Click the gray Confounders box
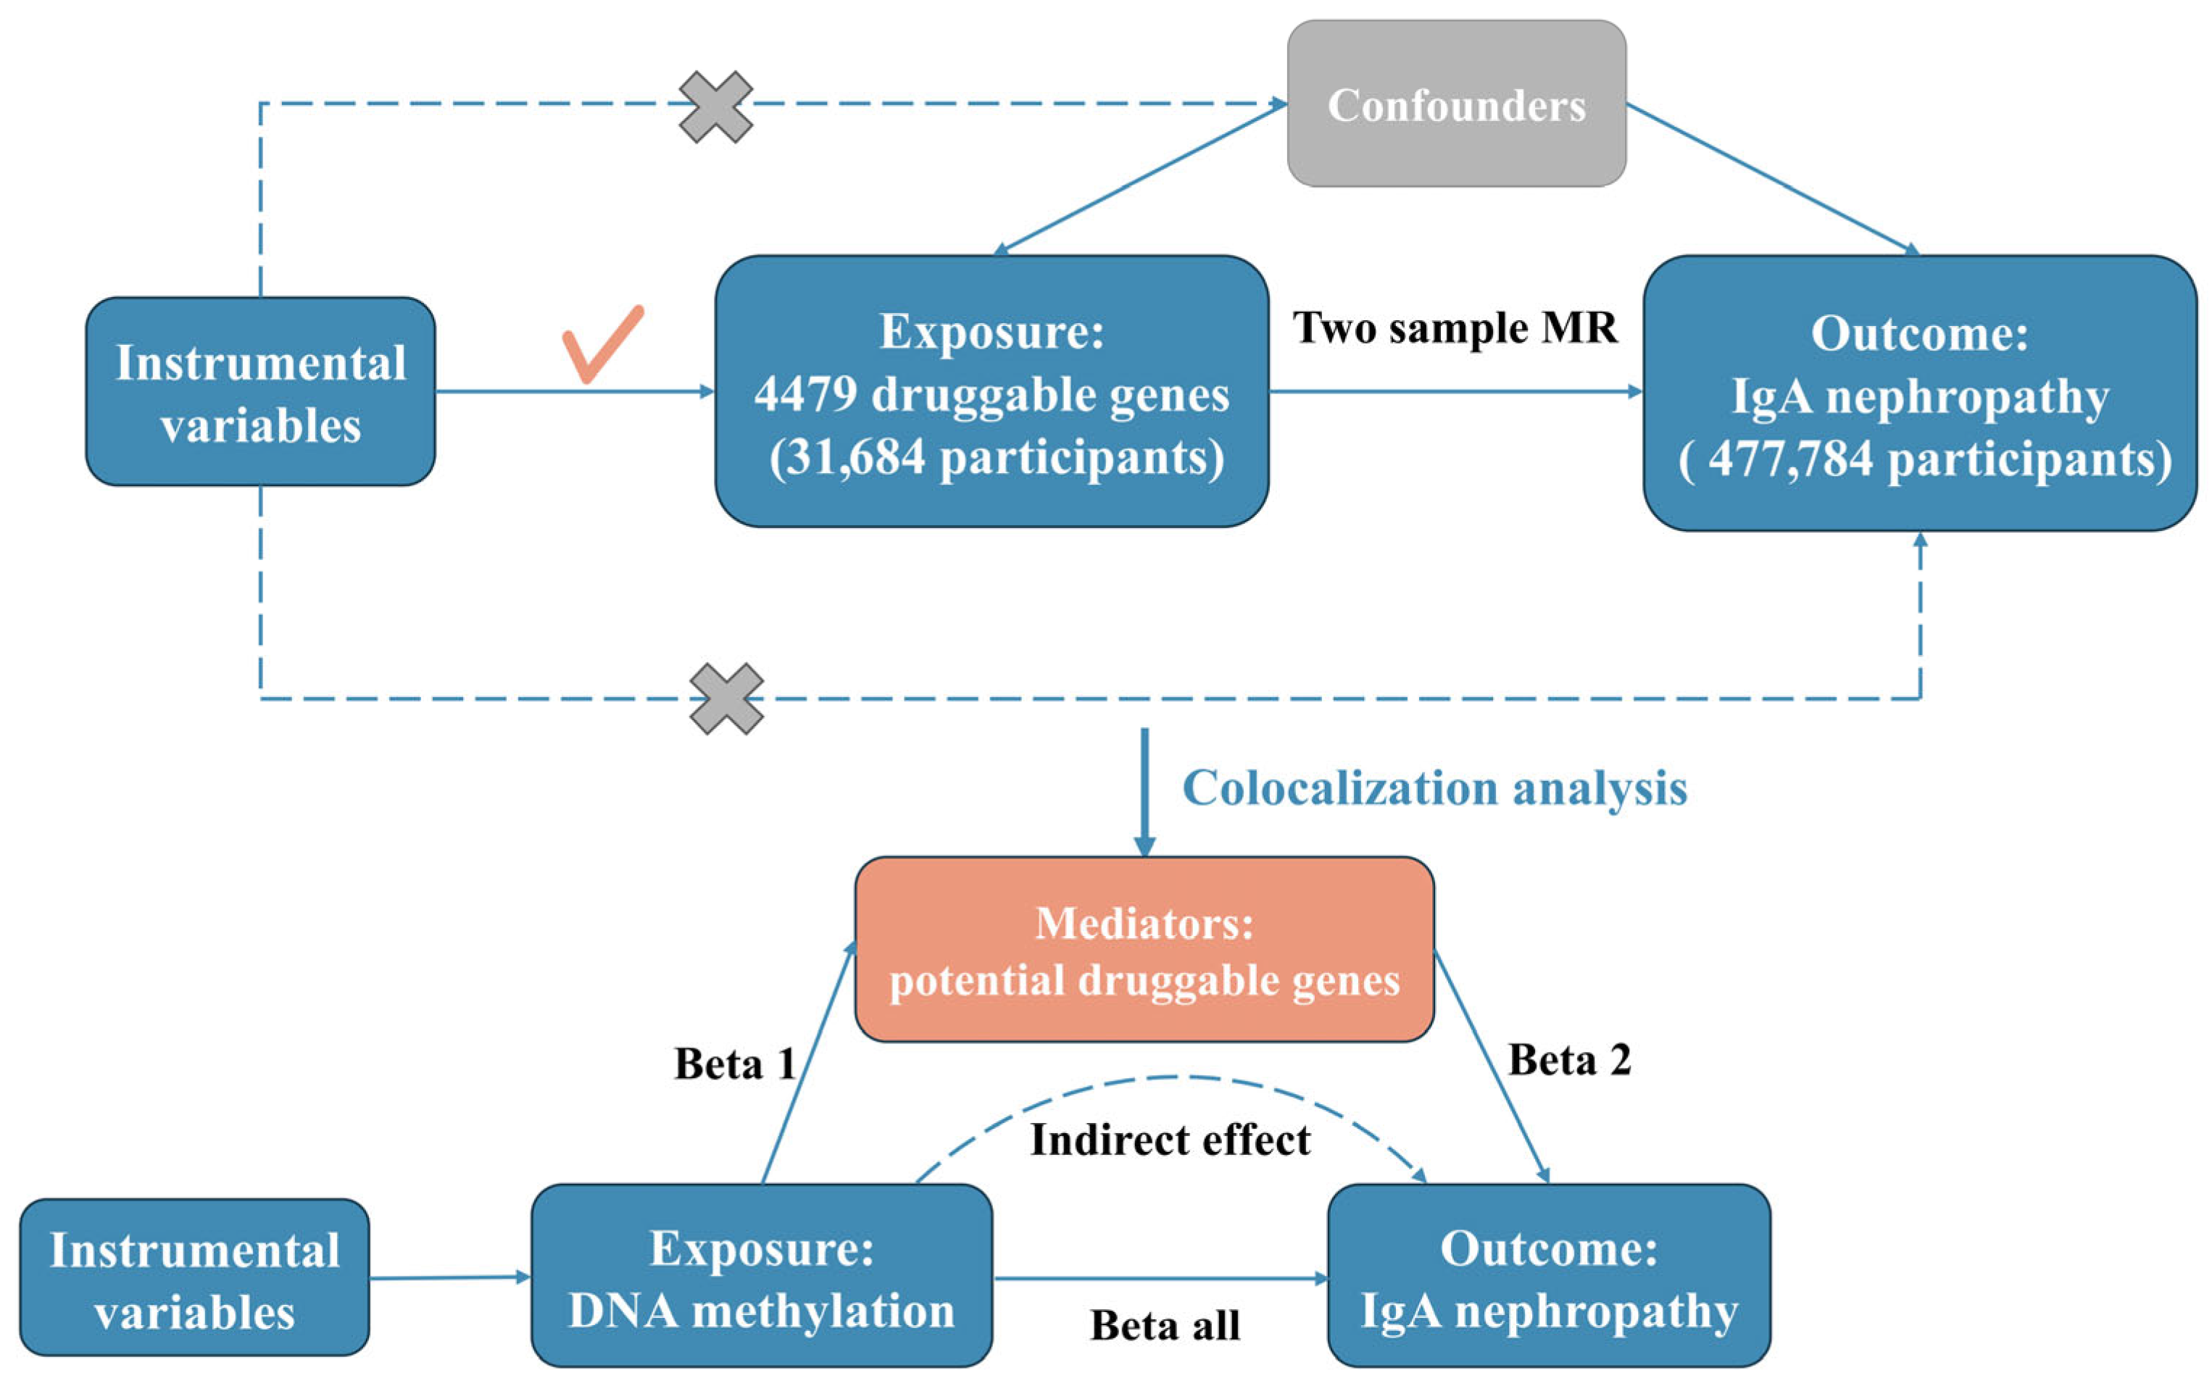click(x=1456, y=104)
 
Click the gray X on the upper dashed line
click(x=715, y=107)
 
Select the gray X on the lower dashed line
click(x=726, y=698)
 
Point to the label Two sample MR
click(x=1454, y=327)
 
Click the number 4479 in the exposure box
click(x=805, y=394)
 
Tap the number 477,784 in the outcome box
click(x=1789, y=459)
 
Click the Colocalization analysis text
click(x=1434, y=788)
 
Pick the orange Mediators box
click(x=1143, y=948)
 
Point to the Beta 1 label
click(x=733, y=1064)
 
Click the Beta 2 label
click(x=1568, y=1060)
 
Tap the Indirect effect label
click(x=1170, y=1140)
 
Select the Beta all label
click(x=1164, y=1324)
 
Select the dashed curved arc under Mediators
click(x=1170, y=1079)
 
